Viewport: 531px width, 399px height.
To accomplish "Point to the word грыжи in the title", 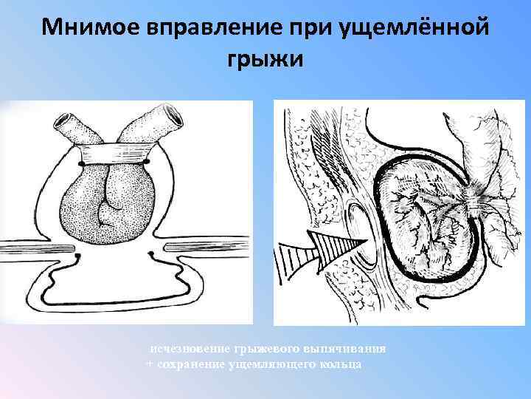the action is point(265,58).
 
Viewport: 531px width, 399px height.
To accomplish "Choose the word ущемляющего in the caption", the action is point(276,365).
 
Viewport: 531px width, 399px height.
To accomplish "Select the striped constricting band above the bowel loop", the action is point(114,157).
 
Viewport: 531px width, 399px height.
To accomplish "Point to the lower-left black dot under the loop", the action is point(78,256).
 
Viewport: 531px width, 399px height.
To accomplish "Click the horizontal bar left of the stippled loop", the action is point(29,245).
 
